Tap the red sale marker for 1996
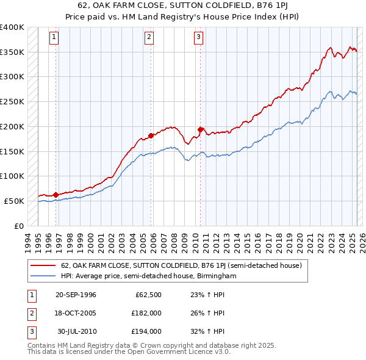coord(56,195)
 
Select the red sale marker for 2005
coord(151,135)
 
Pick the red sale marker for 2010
coord(200,129)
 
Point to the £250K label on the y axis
coord(12,101)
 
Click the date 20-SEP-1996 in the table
coord(76,295)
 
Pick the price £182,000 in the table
coord(147,313)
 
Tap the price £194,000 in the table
coord(147,331)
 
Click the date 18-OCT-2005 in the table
coord(76,313)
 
